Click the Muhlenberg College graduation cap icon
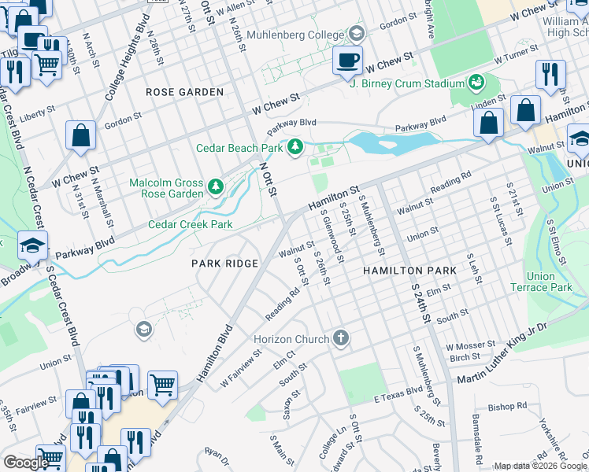pyautogui.click(x=357, y=33)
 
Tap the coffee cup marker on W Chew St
pyautogui.click(x=346, y=60)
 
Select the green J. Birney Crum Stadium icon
pyautogui.click(x=476, y=82)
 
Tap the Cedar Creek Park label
pyautogui.click(x=191, y=225)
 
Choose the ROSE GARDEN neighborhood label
pyautogui.click(x=184, y=92)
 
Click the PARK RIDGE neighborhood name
pyautogui.click(x=224, y=264)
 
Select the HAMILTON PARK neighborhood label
pyautogui.click(x=409, y=271)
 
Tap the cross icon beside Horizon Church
pyautogui.click(x=340, y=338)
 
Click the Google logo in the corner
pyautogui.click(x=25, y=463)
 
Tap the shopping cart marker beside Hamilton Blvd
pyautogui.click(x=162, y=385)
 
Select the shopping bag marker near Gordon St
pyautogui.click(x=80, y=135)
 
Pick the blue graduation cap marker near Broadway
pyautogui.click(x=33, y=245)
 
